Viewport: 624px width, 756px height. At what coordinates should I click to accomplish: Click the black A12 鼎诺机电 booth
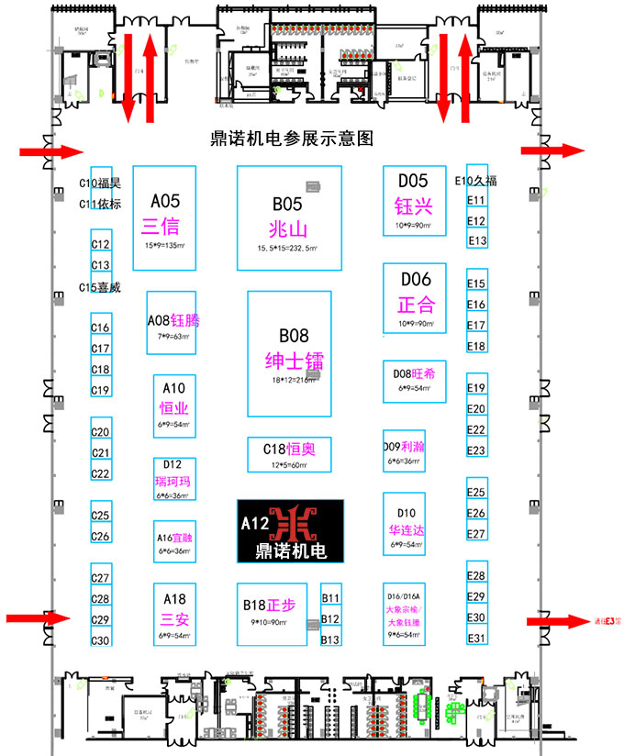click(x=289, y=531)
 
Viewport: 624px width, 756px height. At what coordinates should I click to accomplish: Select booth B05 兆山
click(x=289, y=217)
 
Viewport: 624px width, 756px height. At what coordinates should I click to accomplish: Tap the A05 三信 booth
click(x=165, y=217)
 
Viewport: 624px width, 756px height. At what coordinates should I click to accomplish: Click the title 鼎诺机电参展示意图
click(x=291, y=139)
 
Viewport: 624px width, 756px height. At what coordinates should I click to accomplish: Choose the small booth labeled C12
click(x=101, y=244)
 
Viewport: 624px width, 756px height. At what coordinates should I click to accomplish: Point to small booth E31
click(x=476, y=638)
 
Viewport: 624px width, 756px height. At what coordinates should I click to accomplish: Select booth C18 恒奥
click(x=289, y=454)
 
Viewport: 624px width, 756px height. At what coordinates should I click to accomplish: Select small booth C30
click(x=101, y=640)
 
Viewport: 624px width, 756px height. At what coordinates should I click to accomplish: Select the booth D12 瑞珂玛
click(x=173, y=478)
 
